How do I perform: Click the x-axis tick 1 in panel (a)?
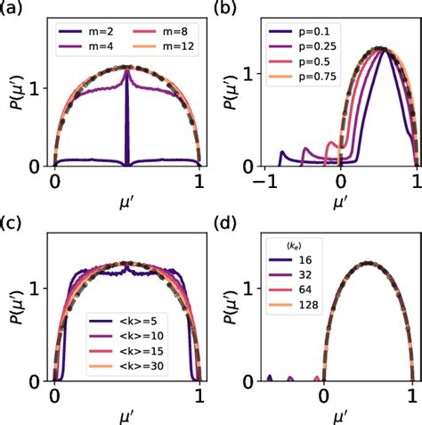click(200, 180)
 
